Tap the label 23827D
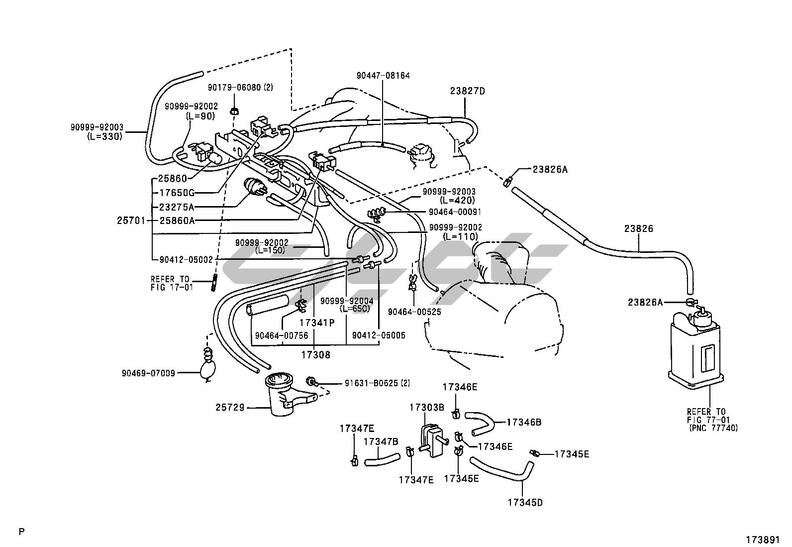[x=467, y=91]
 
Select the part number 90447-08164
[x=383, y=76]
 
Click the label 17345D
[x=525, y=503]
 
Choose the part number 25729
[x=230, y=408]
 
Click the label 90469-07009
[x=148, y=372]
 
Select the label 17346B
[x=524, y=423]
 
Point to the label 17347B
[x=381, y=441]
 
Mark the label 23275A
[x=177, y=207]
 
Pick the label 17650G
[x=177, y=193]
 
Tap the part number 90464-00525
[x=414, y=312]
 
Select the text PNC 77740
[x=713, y=428]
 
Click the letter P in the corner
[x=21, y=532]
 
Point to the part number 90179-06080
[x=240, y=88]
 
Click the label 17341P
[x=317, y=323]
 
